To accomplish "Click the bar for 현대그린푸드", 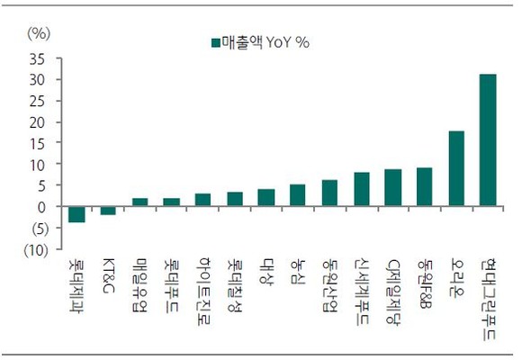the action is pos(488,139).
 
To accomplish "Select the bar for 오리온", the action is pos(456,168).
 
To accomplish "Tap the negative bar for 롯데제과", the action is pos(76,214).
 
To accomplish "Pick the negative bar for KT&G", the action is pos(108,211).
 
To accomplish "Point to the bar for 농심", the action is pos(297,195).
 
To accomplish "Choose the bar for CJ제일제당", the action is pos(392,187).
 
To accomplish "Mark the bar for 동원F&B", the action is pos(425,187).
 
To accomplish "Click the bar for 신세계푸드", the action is pos(362,189).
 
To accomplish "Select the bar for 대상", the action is pos(266,197).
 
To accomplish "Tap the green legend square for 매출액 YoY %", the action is pos(216,43).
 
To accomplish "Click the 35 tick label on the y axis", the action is pos(37,59).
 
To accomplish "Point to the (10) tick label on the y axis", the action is pos(36,250).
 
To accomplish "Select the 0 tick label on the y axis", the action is pos(40,207).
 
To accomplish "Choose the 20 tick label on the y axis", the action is pos(37,123).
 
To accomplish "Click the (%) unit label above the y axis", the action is pos(39,33).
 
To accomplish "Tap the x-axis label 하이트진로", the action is pos(202,291).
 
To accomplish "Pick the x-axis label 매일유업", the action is pos(139,284).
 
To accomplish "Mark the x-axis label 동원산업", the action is pos(329,284).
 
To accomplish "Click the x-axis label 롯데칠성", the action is pos(235,284).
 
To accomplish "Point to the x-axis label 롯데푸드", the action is pos(171,285).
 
